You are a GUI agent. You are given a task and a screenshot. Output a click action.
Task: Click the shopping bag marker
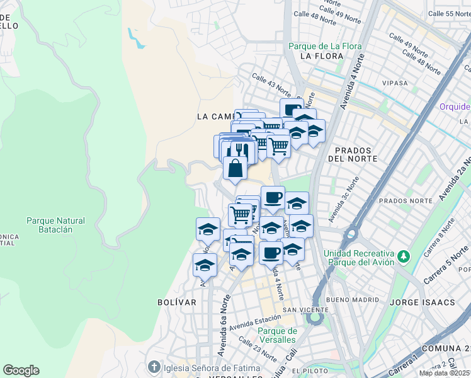[235, 169]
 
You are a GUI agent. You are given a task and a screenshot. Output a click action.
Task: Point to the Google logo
[21, 370]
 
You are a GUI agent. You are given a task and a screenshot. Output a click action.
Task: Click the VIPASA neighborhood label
[394, 83]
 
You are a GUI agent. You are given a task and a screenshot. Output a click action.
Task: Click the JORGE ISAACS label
[422, 302]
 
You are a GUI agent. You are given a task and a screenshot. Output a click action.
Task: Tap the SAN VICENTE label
[305, 310]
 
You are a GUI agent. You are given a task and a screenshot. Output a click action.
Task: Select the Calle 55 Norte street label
[449, 13]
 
